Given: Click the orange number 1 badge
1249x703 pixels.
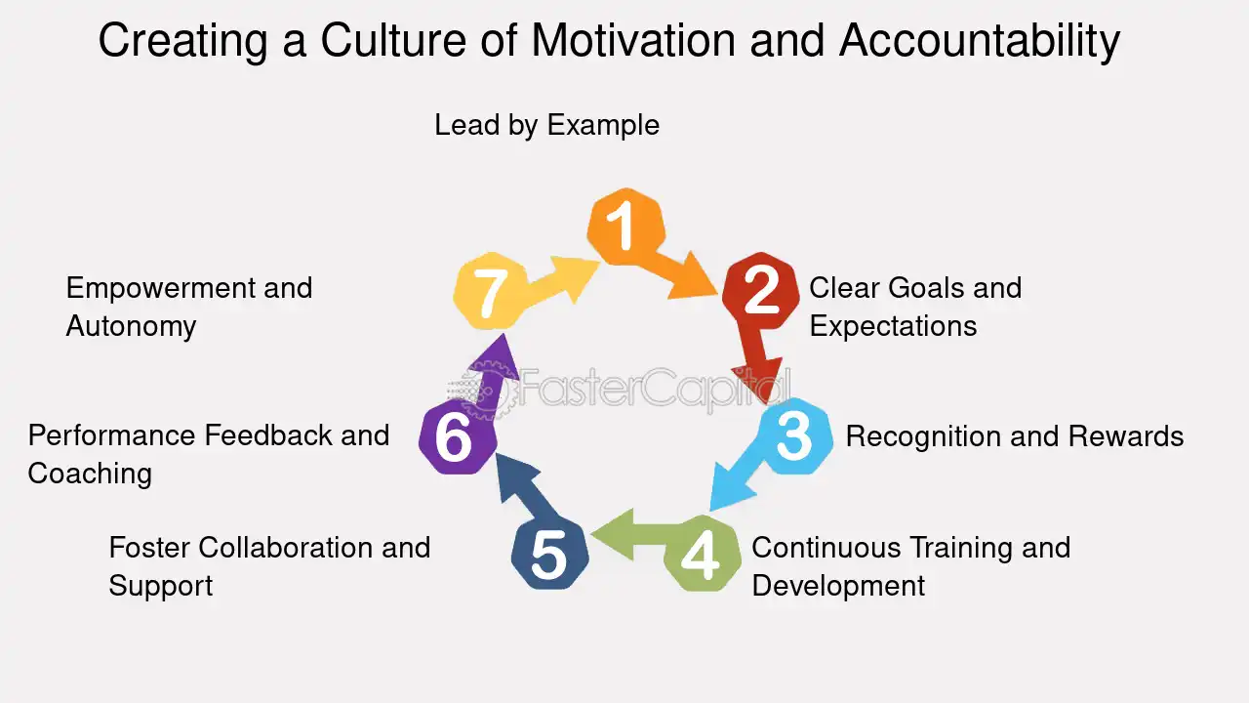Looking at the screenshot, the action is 626,226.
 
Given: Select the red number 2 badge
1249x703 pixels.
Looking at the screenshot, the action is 760,291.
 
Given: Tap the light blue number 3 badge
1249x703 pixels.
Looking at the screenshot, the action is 794,436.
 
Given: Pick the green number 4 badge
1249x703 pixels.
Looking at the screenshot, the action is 703,553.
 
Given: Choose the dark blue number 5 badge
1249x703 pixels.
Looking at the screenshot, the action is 549,553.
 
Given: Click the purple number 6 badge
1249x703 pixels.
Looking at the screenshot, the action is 458,437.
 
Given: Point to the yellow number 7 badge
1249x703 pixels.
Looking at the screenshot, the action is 491,291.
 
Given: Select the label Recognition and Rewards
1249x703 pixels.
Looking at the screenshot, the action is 1015,435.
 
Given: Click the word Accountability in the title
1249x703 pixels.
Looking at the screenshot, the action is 980,41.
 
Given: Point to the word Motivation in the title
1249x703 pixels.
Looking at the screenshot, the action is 633,40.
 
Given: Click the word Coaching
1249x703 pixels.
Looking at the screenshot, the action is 90,475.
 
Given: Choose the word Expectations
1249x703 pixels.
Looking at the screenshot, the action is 893,327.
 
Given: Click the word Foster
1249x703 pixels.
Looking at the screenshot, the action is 149,548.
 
